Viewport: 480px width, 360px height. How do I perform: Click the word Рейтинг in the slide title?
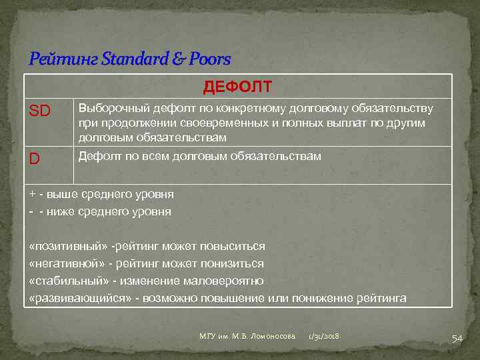click(56, 59)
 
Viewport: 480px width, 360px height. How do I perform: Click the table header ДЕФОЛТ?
click(237, 87)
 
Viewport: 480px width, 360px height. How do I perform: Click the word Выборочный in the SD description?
click(111, 108)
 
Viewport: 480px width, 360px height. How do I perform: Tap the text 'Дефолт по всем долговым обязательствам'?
click(199, 156)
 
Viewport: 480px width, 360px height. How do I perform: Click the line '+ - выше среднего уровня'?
click(101, 194)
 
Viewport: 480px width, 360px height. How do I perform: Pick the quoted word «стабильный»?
click(65, 281)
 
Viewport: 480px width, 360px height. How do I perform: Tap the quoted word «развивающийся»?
click(80, 298)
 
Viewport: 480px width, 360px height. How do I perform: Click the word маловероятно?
click(229, 281)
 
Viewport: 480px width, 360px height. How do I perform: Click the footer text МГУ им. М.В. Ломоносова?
click(247, 337)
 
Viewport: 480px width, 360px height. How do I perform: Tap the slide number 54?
click(457, 338)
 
